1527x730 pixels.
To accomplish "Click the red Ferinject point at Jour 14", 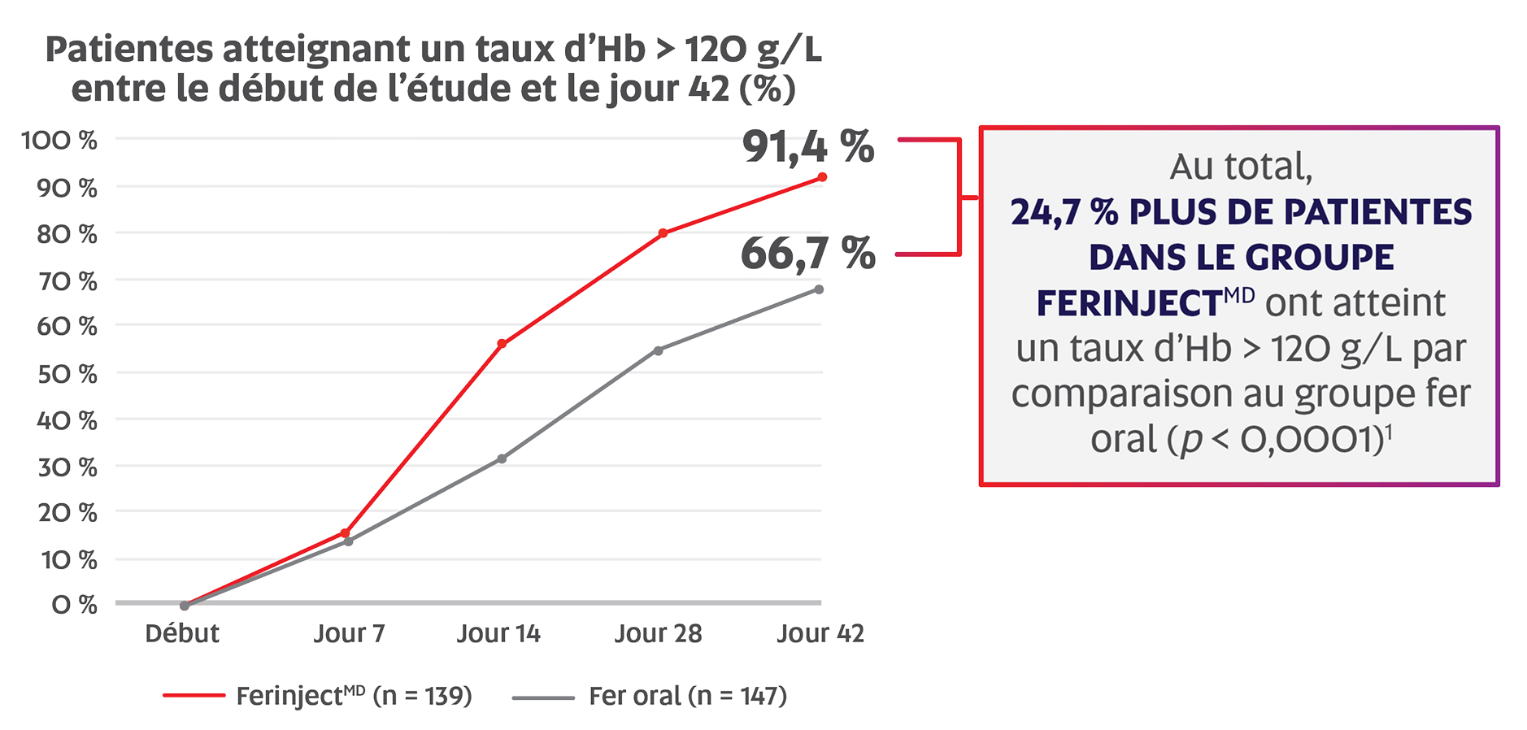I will click(x=502, y=344).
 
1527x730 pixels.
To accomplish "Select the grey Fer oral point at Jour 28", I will click(x=659, y=350).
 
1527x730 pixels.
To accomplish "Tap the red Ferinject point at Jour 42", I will click(x=822, y=177).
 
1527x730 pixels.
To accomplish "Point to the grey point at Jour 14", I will click(x=502, y=458).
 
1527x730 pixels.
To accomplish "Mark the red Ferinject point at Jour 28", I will click(x=663, y=233).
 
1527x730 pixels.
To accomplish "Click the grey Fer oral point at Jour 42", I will click(x=819, y=289).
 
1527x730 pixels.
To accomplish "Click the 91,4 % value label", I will click(x=807, y=147).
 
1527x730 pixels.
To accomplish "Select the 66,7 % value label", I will click(x=807, y=253).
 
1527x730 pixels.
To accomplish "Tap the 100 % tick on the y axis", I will click(x=59, y=141).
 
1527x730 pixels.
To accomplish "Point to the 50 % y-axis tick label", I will click(x=67, y=374).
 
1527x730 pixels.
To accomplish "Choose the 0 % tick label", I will click(x=74, y=605).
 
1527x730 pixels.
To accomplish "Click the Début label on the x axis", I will click(x=182, y=633).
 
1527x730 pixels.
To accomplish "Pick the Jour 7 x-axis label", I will click(x=349, y=633).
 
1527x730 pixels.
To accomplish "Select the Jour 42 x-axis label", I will click(x=820, y=633).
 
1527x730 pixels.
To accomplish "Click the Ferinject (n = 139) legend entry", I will click(x=354, y=696).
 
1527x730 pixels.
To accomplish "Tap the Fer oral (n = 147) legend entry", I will click(x=687, y=696).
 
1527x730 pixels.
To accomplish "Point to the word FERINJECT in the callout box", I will click(x=1128, y=304).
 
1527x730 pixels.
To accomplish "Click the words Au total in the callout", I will click(x=1241, y=167).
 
